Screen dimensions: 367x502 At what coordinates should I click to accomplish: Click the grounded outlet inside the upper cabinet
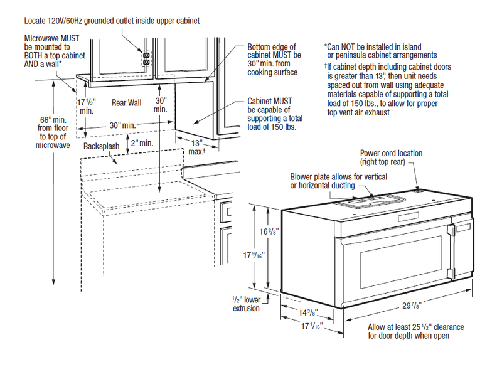click(x=147, y=58)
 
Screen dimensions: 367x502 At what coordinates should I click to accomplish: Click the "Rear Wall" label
click(x=127, y=102)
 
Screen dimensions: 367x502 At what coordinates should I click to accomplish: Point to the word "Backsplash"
click(x=100, y=146)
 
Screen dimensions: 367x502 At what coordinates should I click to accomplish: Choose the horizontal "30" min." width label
click(x=121, y=126)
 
